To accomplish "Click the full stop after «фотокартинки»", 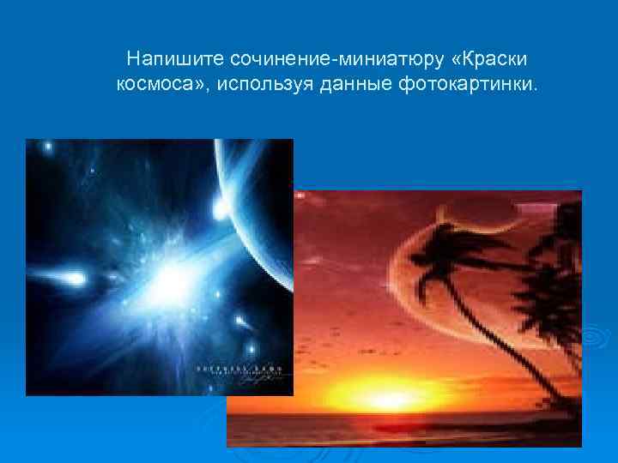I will coord(540,89).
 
